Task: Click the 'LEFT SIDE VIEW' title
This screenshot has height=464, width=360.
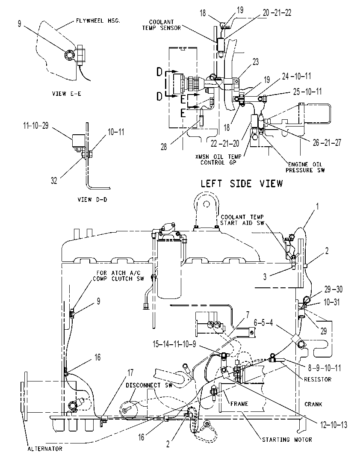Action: point(242,183)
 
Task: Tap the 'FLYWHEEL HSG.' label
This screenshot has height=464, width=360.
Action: point(98,21)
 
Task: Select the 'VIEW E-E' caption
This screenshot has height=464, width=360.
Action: point(67,94)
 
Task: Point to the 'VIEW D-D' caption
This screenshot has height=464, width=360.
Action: point(92,199)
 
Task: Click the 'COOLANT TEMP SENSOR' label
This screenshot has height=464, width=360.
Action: point(162,25)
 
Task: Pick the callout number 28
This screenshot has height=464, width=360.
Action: point(164,147)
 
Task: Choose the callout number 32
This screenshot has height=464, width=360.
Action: point(54,180)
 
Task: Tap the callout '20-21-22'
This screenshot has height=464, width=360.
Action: point(277,12)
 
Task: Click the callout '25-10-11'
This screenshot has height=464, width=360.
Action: point(307,92)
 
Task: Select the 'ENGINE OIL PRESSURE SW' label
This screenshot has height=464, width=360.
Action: point(305,167)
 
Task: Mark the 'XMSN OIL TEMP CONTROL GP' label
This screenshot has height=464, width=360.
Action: point(218,160)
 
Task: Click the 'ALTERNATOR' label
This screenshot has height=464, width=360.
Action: point(45,449)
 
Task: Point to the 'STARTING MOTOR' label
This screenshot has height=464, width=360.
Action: point(287,440)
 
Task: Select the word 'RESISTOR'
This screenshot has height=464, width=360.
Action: point(318,379)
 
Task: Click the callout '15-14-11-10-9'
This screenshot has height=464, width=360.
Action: point(174,344)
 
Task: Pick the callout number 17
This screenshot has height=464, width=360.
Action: point(130,372)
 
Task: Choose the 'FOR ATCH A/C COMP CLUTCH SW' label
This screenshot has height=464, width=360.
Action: point(118,275)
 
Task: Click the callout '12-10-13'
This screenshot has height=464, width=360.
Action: point(333,425)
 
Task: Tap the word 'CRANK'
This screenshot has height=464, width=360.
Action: point(313,404)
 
